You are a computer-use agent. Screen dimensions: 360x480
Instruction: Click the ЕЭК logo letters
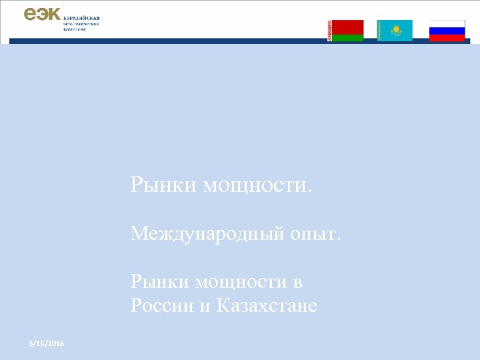[42, 13]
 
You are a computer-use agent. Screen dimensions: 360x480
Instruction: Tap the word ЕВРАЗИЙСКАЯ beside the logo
[81, 17]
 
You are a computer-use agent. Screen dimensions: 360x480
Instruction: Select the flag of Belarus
[345, 31]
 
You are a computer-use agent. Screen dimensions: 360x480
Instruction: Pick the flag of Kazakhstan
[395, 31]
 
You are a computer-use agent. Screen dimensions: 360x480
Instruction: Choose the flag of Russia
[447, 31]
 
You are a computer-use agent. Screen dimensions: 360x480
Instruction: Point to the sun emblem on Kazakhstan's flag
[396, 29]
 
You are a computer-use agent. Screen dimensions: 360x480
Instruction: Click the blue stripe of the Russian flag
[447, 31]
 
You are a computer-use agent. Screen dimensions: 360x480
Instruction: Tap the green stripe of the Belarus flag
[347, 38]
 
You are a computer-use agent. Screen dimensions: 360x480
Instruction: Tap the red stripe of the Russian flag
[447, 37]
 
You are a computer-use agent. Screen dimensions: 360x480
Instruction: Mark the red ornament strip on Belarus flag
[329, 31]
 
